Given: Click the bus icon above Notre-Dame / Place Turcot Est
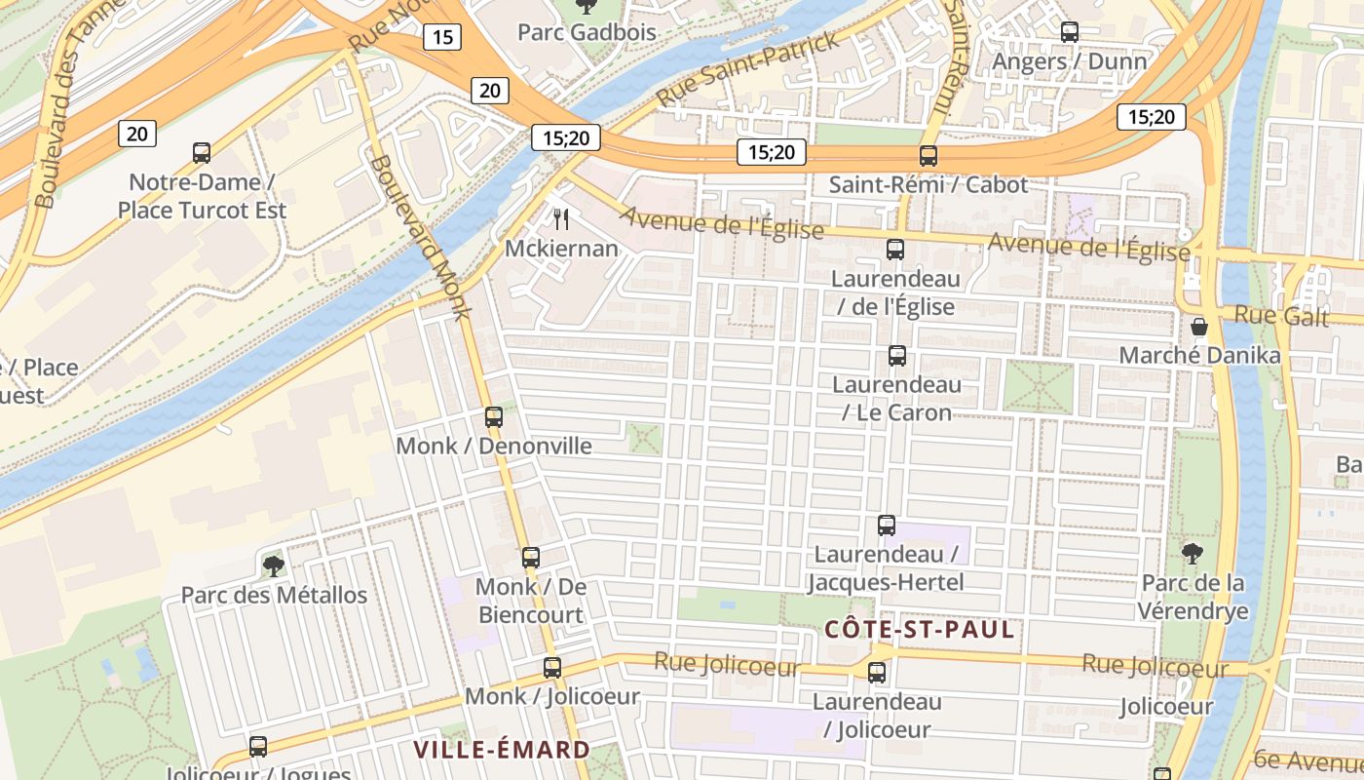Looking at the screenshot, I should [202, 152].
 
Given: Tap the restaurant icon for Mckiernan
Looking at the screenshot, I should [560, 219].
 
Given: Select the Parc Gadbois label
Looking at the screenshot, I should [587, 32].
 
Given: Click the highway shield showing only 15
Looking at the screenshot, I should [442, 37].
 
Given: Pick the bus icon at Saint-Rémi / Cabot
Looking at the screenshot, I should [928, 156].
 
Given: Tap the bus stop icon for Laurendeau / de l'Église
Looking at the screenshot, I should [895, 250].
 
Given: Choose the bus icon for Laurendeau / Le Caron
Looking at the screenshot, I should [896, 356].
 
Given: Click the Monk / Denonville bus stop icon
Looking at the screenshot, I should [494, 417].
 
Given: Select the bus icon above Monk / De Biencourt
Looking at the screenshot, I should [530, 558].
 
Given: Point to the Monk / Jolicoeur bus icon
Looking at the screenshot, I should [552, 668].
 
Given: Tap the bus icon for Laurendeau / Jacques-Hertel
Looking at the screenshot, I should [886, 526].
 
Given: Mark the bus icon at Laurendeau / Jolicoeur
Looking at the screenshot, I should [877, 673].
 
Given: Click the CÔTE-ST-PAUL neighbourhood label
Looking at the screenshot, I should [920, 630].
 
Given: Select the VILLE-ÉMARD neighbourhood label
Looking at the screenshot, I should [502, 750].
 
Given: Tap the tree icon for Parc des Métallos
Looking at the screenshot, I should [274, 565].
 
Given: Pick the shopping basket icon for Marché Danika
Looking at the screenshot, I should [1199, 327].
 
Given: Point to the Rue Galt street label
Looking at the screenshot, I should [1281, 315].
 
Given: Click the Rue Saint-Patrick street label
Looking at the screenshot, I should [747, 68].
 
